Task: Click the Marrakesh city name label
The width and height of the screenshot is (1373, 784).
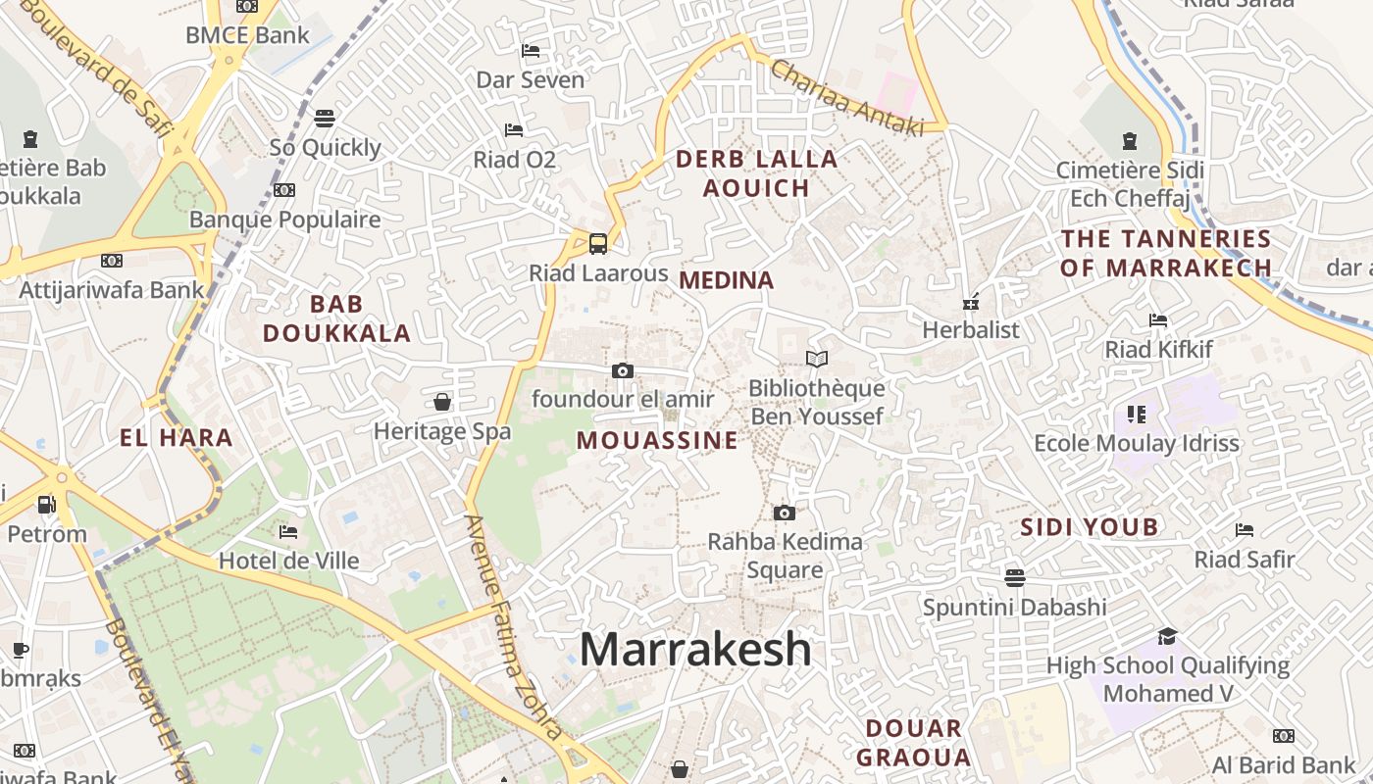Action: [x=695, y=650]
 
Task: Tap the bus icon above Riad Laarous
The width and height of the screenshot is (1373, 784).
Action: [x=597, y=244]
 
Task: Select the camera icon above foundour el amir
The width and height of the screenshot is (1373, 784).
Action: [x=622, y=370]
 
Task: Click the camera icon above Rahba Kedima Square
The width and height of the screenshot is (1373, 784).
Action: [x=784, y=513]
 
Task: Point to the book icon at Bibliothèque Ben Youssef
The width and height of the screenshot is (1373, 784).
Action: [x=816, y=360]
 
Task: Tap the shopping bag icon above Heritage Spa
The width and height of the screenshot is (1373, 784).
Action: [x=442, y=402]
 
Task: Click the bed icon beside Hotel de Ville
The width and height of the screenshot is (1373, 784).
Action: [x=287, y=532]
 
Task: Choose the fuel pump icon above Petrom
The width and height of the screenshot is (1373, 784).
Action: [x=46, y=505]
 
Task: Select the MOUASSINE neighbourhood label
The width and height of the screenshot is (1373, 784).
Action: [x=656, y=440]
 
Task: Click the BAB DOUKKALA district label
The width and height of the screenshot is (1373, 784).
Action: [x=336, y=318]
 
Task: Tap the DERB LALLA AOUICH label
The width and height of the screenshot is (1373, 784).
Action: [x=756, y=173]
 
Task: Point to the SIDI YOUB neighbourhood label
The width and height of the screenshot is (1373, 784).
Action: [x=1089, y=527]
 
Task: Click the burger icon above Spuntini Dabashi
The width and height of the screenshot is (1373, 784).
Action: [x=1014, y=577]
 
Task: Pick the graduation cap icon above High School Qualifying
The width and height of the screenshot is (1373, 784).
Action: [x=1166, y=636]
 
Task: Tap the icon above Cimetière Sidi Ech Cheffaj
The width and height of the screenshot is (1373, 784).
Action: [x=1129, y=140]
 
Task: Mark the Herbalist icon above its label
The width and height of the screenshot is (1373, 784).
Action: [x=971, y=303]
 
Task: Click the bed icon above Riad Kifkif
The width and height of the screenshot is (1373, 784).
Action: [x=1158, y=320]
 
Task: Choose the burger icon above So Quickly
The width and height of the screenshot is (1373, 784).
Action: [x=325, y=119]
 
